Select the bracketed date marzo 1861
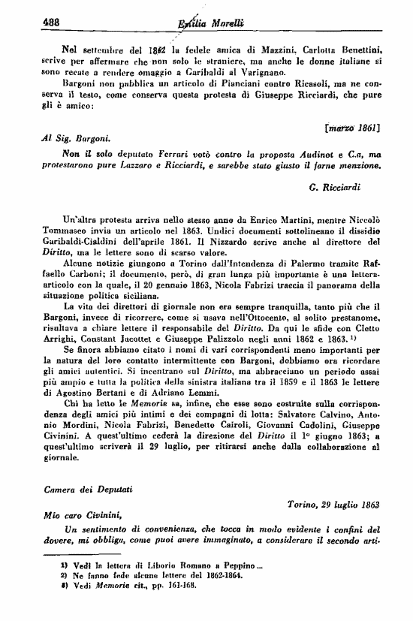click(351, 128)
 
